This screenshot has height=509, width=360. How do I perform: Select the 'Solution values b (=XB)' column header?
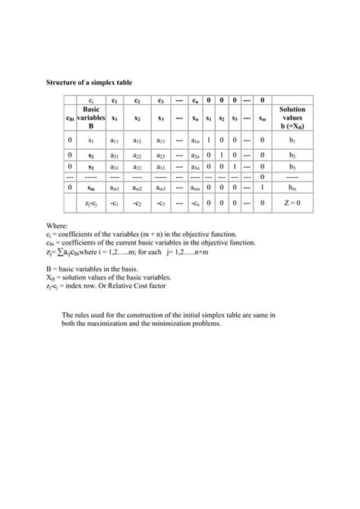(x=292, y=119)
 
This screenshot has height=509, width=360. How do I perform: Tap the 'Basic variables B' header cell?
(x=90, y=119)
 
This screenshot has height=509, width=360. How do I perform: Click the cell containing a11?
(x=114, y=141)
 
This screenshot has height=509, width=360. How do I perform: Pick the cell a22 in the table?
(x=137, y=154)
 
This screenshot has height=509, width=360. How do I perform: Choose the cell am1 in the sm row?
(x=114, y=187)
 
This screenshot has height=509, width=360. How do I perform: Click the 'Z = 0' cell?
(x=292, y=203)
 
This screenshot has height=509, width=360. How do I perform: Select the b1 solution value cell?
(x=292, y=141)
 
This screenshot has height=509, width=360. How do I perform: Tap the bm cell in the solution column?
(x=292, y=187)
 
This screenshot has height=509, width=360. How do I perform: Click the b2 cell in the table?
(x=292, y=154)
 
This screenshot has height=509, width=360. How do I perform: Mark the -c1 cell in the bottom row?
(x=114, y=203)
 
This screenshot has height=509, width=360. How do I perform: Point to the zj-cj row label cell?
(x=90, y=203)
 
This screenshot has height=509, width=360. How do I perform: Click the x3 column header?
(x=161, y=119)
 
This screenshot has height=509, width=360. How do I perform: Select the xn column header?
(x=196, y=119)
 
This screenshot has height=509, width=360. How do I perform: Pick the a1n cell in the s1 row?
(x=196, y=141)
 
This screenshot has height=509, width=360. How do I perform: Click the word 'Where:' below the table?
(x=57, y=226)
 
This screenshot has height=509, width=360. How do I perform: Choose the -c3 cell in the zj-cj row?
(x=161, y=203)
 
